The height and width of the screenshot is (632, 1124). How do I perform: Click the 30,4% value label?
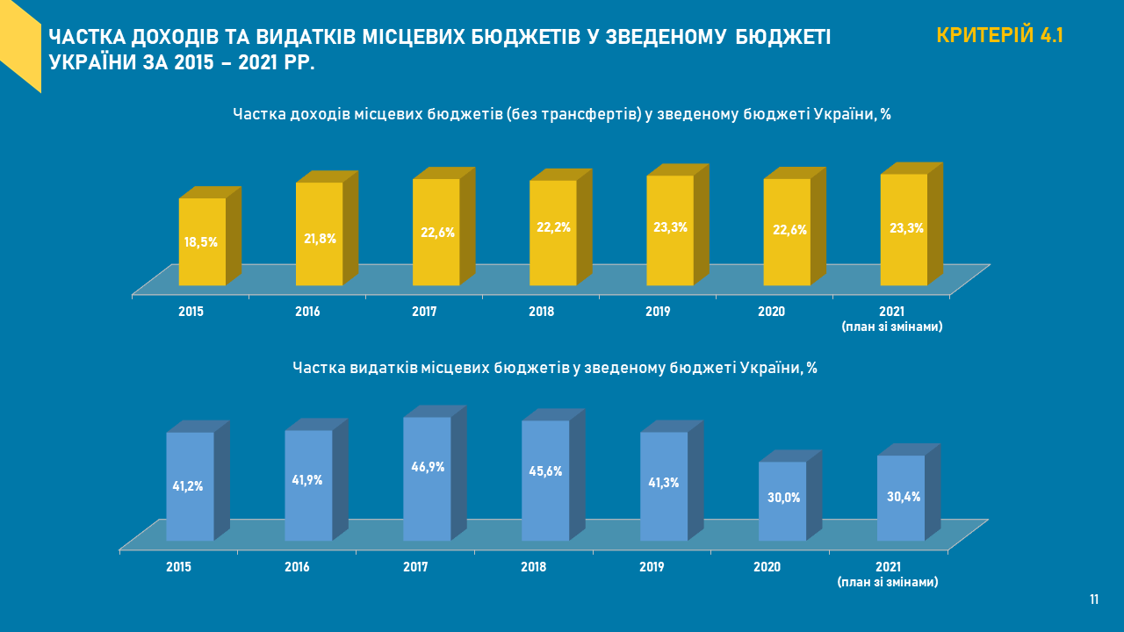tap(904, 497)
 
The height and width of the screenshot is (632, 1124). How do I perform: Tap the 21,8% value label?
tap(320, 239)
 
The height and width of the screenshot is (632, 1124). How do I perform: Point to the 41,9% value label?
tap(307, 480)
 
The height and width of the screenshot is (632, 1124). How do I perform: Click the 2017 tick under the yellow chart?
tap(424, 312)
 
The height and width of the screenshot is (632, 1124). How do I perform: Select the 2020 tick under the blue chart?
tap(767, 567)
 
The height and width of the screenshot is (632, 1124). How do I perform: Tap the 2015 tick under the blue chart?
tap(178, 567)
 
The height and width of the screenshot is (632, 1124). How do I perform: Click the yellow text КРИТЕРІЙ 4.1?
tap(999, 36)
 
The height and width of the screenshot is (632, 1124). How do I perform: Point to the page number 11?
tap(1094, 600)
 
